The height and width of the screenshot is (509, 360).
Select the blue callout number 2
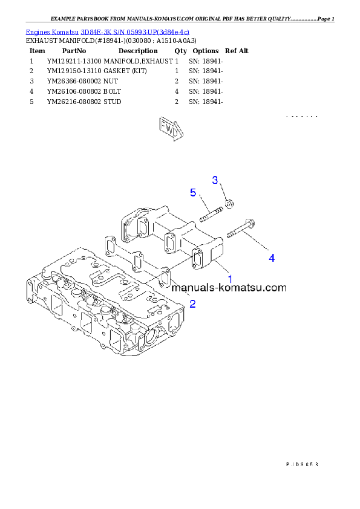click(x=192, y=303)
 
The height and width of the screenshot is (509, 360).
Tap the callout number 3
click(x=215, y=180)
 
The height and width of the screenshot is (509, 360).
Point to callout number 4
click(x=272, y=258)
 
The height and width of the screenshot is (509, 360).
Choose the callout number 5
click(x=193, y=193)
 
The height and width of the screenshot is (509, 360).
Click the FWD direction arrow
click(x=170, y=129)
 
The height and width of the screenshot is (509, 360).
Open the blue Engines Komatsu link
click(x=108, y=31)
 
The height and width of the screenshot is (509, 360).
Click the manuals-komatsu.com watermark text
click(x=229, y=288)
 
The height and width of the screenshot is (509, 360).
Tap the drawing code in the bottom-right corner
click(x=301, y=464)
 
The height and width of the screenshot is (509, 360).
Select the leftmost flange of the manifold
click(x=134, y=225)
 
